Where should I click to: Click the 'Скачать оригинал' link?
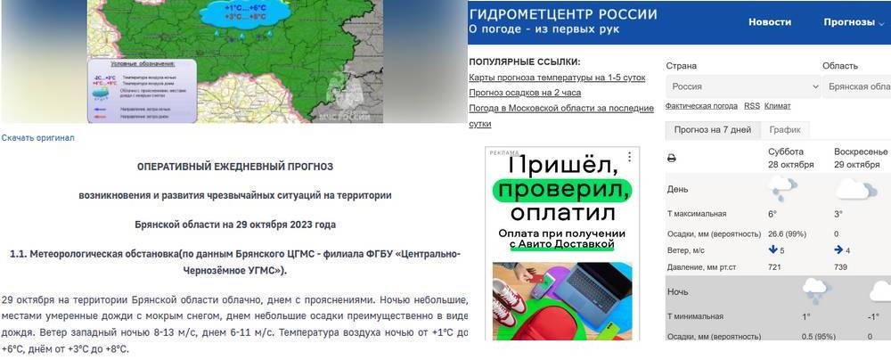tap(37, 138)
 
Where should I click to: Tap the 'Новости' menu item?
tap(770, 21)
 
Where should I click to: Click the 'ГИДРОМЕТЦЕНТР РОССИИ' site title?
tap(563, 14)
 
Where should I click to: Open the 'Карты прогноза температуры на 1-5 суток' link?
tap(557, 78)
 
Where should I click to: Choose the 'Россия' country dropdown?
tap(742, 86)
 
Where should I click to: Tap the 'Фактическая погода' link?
tap(701, 106)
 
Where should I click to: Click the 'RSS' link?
tap(752, 106)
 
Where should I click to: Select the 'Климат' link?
tap(777, 106)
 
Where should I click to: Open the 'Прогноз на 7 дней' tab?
tap(712, 130)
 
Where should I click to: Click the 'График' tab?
tap(784, 130)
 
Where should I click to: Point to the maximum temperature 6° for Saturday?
tap(772, 214)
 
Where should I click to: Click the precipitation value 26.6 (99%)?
tap(789, 233)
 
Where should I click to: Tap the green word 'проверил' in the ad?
tap(563, 190)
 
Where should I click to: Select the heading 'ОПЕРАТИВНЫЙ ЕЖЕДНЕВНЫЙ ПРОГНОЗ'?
tap(234, 167)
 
